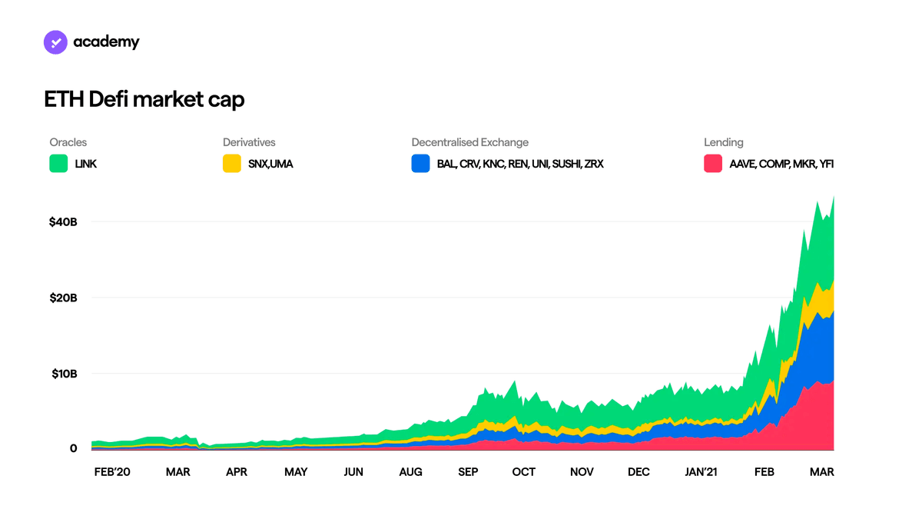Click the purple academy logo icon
tap(55, 42)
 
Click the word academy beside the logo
tap(106, 42)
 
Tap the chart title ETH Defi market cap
tap(144, 100)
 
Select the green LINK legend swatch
tap(58, 164)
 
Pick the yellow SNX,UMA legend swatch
tap(232, 164)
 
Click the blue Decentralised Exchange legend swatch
tap(421, 164)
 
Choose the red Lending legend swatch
tap(713, 164)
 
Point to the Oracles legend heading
tap(68, 142)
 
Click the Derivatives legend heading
tap(249, 142)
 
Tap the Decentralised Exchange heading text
tap(469, 142)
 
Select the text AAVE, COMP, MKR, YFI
tap(781, 164)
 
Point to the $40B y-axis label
tap(63, 222)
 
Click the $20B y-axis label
tap(63, 298)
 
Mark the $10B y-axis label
tap(65, 374)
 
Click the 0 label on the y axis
tap(73, 448)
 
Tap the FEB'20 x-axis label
tap(112, 472)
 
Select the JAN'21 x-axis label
tap(701, 472)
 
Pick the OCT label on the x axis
tap(523, 472)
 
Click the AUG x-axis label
tap(410, 472)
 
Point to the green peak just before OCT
tap(515, 381)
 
